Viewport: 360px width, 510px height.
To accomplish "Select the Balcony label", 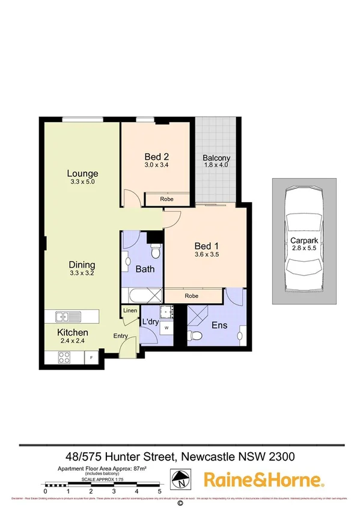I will point(216,158).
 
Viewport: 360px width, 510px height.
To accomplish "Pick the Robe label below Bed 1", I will point(192,296).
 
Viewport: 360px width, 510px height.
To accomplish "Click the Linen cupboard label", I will point(130,310).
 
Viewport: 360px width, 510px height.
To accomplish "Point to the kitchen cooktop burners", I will point(65,357).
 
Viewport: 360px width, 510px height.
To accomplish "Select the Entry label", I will point(121,337).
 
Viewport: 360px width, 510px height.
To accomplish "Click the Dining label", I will point(82,265).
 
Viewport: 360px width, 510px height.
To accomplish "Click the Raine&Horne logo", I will point(264,479).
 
